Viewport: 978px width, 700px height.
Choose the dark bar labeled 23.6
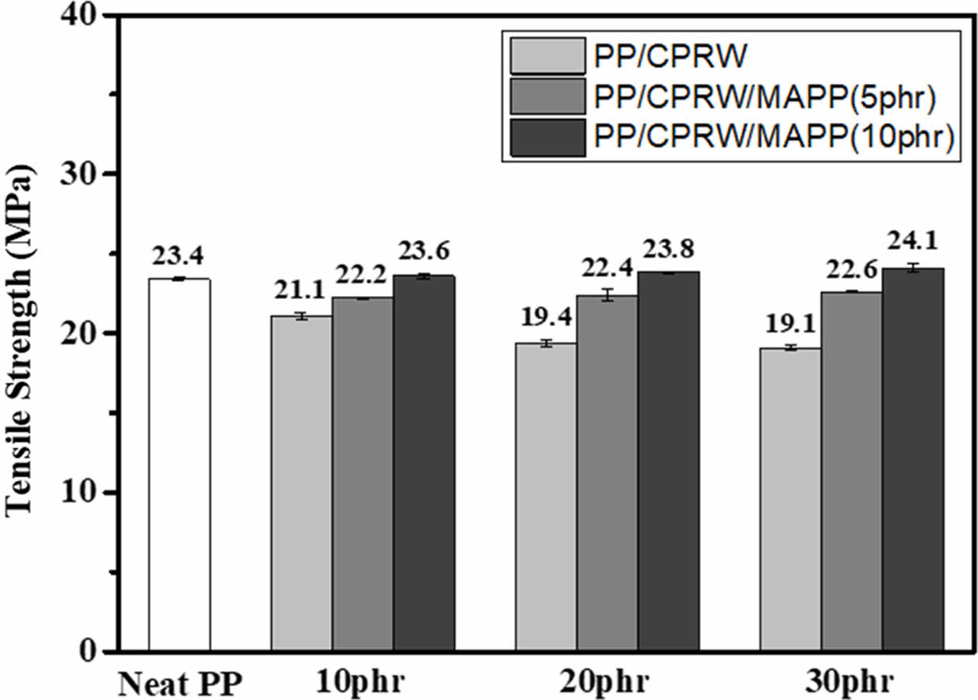pos(424,463)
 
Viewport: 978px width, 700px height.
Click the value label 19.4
pos(545,318)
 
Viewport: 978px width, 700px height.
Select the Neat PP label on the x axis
pos(181,684)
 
